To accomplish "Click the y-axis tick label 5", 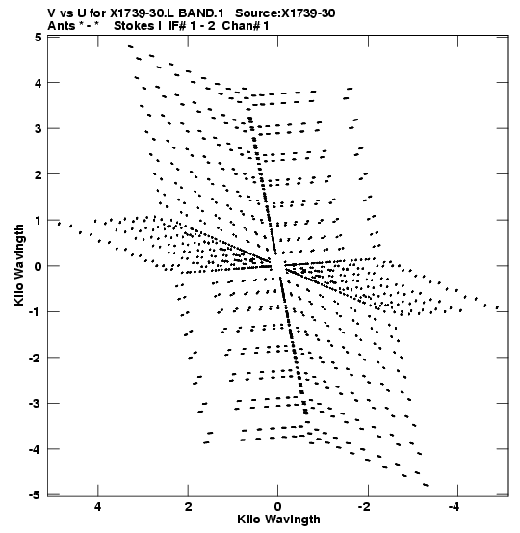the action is [x=39, y=37].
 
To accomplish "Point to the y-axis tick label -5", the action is [x=35, y=495].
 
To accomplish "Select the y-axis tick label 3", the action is [x=39, y=128].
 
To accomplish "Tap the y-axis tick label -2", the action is [x=35, y=358].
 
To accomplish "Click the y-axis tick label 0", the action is [x=39, y=266].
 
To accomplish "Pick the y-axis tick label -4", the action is [x=35, y=449].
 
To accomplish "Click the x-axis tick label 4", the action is [x=98, y=507].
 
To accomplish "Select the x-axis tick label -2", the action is [x=364, y=507].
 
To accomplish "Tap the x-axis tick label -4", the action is [x=455, y=507].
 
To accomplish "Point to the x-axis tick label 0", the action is [x=278, y=507].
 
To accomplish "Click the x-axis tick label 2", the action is [x=188, y=507].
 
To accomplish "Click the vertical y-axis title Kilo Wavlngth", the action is [x=19, y=265].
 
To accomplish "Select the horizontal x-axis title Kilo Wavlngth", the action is [x=278, y=520].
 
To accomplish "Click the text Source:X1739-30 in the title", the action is [x=285, y=13].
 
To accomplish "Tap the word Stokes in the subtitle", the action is [x=138, y=26].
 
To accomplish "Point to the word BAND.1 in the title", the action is [x=201, y=13].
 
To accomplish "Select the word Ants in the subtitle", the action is [x=61, y=26].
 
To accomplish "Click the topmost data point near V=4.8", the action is [x=131, y=46].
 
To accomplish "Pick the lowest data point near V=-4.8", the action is [x=426, y=485].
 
